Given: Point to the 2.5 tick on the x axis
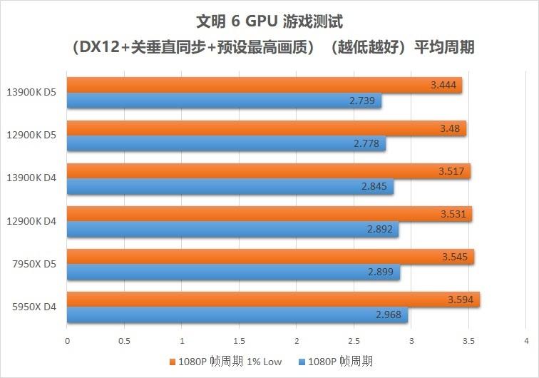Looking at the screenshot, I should [x=354, y=341].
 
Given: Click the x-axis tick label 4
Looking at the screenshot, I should [x=525, y=341].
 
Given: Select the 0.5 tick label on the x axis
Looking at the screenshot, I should [x=124, y=341].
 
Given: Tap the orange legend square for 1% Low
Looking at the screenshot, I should [x=173, y=362].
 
